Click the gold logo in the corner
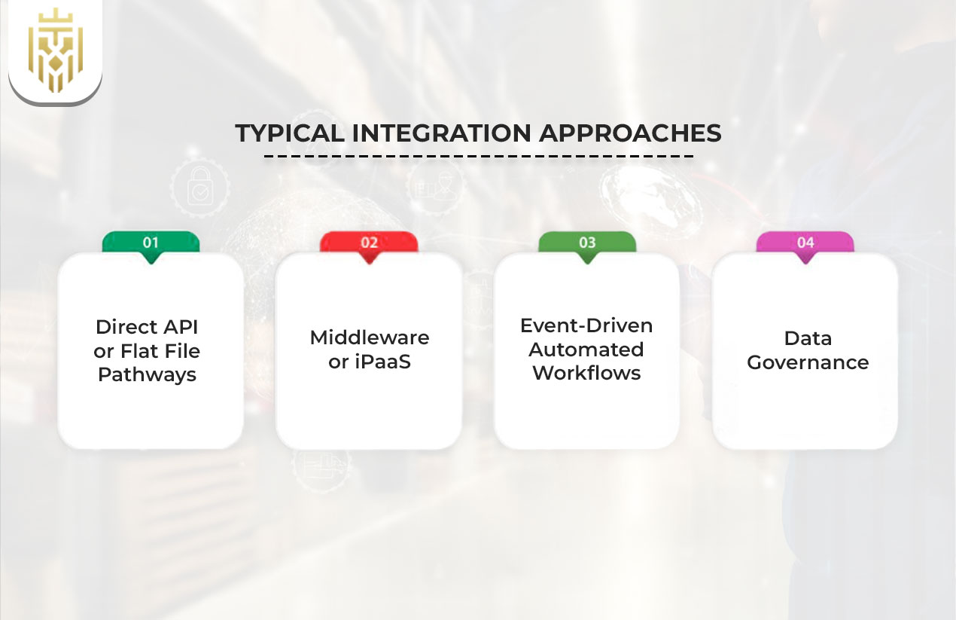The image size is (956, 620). [x=55, y=50]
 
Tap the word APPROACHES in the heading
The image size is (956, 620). [x=630, y=133]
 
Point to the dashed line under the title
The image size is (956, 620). [x=479, y=157]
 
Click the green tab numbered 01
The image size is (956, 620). [x=151, y=243]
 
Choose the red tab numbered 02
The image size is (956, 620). [x=369, y=243]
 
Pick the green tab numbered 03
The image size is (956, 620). [x=587, y=243]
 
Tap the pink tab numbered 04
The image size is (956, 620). [x=805, y=243]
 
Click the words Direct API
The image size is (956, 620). [x=147, y=328]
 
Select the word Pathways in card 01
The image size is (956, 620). [x=148, y=374]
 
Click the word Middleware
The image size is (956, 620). [x=369, y=337]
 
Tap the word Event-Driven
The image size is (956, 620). [x=586, y=325]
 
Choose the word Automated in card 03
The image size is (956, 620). [x=586, y=350]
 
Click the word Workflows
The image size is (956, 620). [x=586, y=374]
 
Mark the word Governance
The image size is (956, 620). [x=808, y=362]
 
